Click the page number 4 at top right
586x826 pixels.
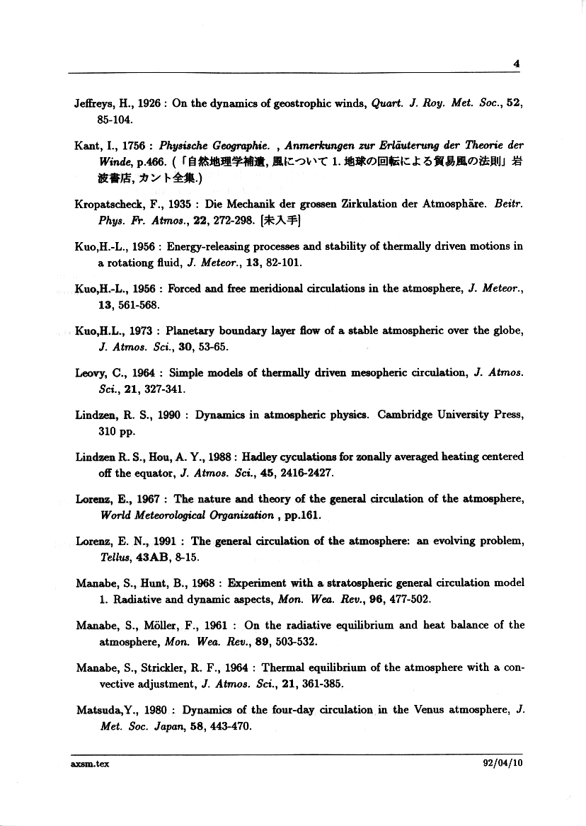click(517, 63)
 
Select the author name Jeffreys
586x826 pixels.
click(92, 103)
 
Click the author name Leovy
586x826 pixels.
click(90, 372)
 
